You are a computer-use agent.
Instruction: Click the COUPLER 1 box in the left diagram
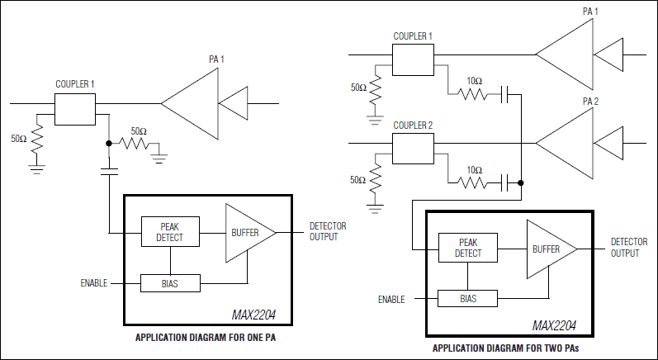coord(75,109)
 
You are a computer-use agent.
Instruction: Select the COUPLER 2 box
coord(413,149)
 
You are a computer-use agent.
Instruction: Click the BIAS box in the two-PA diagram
coord(467,298)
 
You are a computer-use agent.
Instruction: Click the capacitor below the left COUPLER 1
coord(109,171)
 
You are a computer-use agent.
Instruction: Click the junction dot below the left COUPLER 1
coord(109,143)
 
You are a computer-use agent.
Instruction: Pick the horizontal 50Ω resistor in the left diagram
coord(136,144)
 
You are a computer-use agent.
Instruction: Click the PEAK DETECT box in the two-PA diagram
coord(467,249)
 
